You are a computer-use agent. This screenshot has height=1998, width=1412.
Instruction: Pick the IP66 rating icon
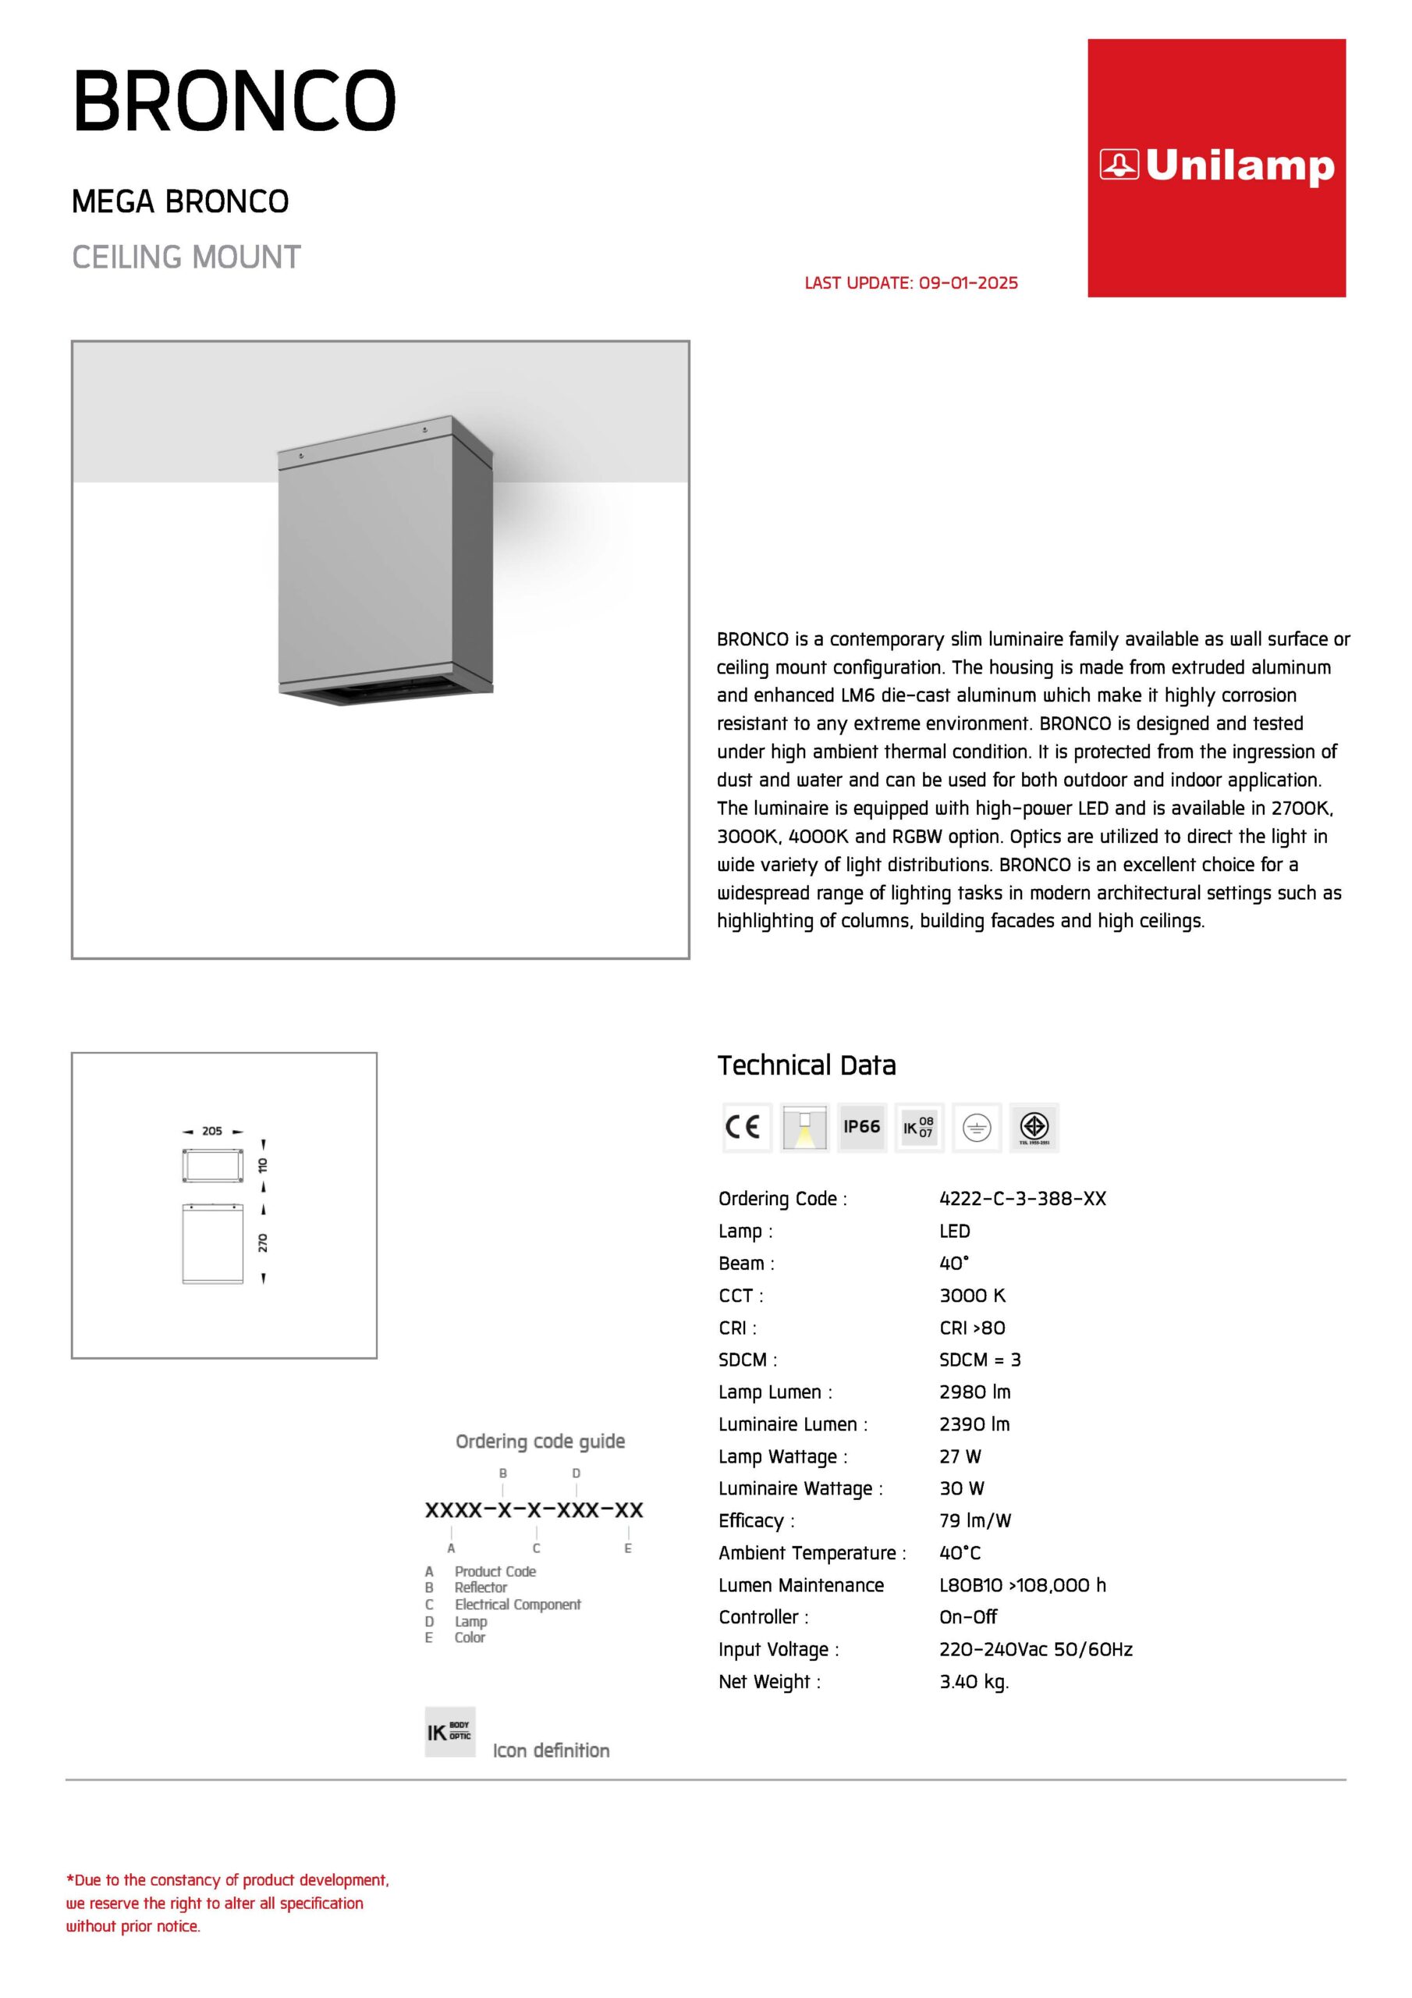tap(861, 1127)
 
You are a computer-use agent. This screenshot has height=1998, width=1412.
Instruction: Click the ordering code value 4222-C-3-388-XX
tap(1022, 1198)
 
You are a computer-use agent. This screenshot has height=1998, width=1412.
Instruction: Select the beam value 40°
tap(953, 1263)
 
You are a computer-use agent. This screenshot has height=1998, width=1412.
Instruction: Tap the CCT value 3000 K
tap(972, 1295)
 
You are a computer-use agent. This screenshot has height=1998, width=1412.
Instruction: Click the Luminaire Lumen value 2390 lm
tap(974, 1424)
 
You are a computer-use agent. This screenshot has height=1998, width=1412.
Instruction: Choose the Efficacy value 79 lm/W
tap(975, 1520)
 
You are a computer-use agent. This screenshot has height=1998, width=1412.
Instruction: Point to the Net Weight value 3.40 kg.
tap(974, 1681)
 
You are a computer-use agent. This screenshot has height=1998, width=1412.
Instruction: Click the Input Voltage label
tap(778, 1649)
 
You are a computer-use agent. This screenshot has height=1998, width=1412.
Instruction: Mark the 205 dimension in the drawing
tap(212, 1131)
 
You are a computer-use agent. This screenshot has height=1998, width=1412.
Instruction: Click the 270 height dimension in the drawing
tap(263, 1243)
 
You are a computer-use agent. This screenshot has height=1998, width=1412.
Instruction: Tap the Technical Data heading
tap(807, 1065)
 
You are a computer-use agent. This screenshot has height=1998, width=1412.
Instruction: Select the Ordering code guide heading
tap(541, 1441)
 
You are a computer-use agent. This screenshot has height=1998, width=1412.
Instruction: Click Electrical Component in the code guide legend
tap(518, 1604)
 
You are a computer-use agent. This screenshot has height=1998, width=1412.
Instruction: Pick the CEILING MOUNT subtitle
tap(186, 258)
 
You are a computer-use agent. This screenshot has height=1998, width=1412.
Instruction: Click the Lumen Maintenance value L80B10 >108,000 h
tap(1022, 1584)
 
